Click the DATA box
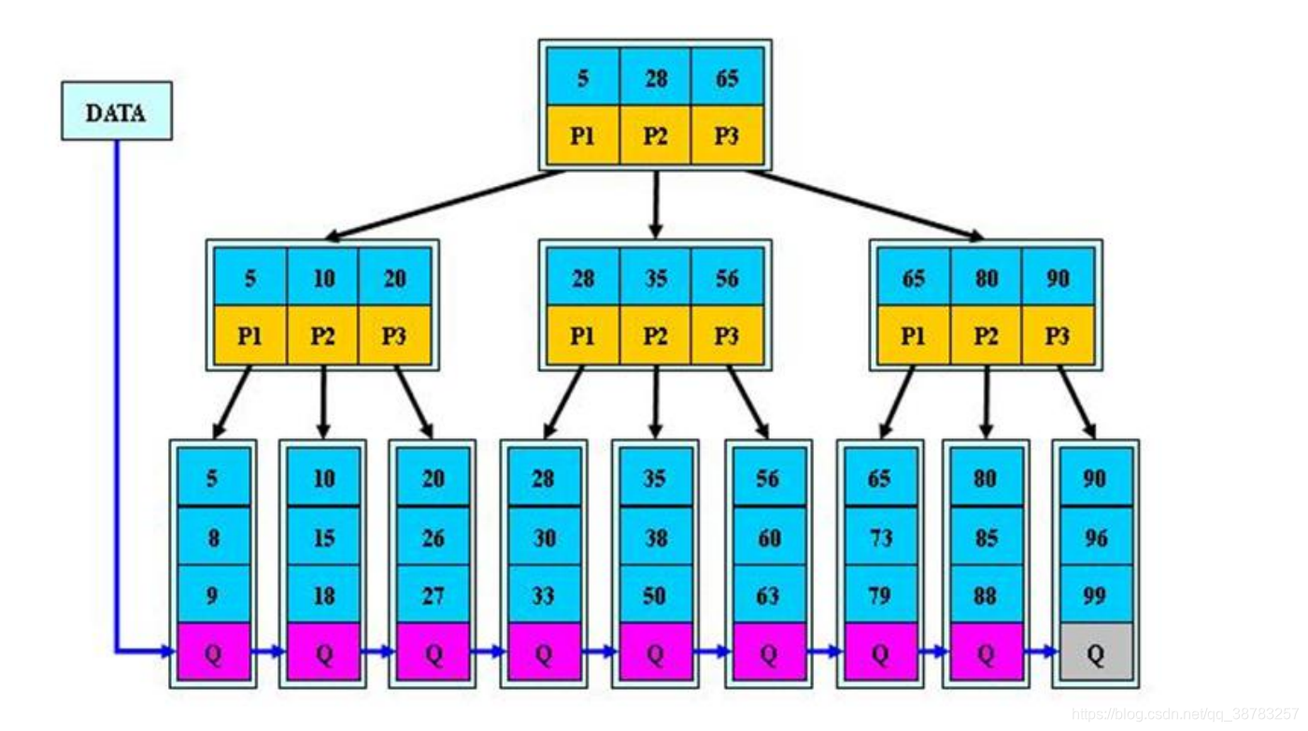117,111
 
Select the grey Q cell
1094,652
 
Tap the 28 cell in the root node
655,78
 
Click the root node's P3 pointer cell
727,136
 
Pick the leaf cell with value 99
1094,595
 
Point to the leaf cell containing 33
543,595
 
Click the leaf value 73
879,537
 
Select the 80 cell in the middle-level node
986,278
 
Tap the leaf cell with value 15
323,537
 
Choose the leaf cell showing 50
654,595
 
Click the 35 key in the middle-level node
655,278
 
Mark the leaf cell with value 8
213,537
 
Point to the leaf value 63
768,595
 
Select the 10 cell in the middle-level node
323,278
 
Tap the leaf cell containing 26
433,537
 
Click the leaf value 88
986,595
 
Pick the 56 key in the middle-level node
727,278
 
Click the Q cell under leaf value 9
213,652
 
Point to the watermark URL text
1185,714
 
